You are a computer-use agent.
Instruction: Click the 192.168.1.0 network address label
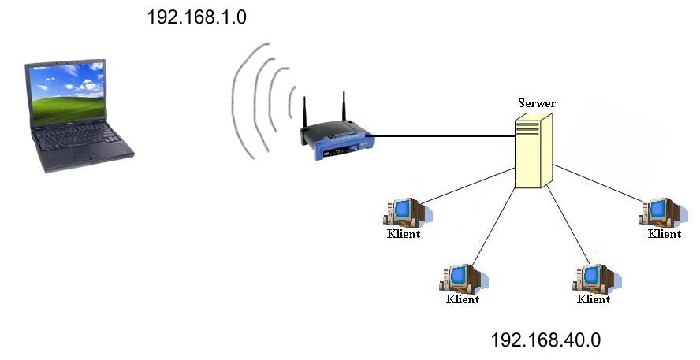click(x=197, y=17)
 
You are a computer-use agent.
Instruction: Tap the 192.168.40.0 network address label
click(x=545, y=340)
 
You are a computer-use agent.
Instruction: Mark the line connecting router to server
click(x=441, y=136)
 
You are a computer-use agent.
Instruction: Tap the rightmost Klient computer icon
click(x=658, y=211)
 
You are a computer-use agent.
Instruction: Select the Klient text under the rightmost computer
click(x=664, y=234)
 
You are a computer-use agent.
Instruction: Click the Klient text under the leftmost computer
click(x=403, y=234)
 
